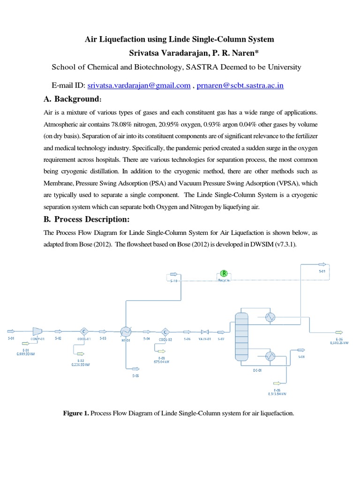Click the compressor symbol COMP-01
click(x=37, y=331)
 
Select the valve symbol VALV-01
click(x=204, y=331)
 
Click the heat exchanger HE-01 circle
click(x=126, y=331)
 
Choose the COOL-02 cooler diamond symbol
click(x=165, y=331)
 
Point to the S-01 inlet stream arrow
click(x=10, y=331)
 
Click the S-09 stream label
click(x=322, y=271)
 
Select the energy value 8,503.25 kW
click(x=339, y=343)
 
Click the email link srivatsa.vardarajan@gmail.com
click(x=139, y=85)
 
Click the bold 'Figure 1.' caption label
click(x=76, y=413)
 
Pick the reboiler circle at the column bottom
click(x=270, y=356)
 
